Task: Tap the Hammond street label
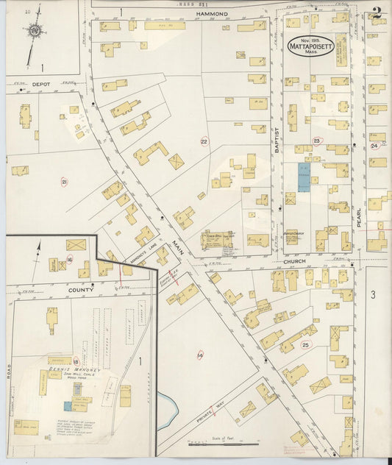212,14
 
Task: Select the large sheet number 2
377,13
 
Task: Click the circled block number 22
204,141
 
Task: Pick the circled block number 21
65,182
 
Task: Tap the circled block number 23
317,141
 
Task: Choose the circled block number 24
374,146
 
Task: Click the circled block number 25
305,344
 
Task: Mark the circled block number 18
76,361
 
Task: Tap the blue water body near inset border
167,404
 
